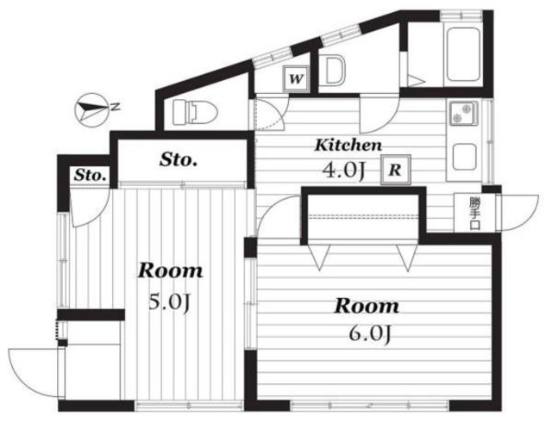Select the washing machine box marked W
(297, 79)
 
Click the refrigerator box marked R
(396, 170)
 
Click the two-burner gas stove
(462, 114)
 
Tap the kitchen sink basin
(464, 157)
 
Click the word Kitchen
(348, 145)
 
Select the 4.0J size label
(345, 171)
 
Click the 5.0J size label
(170, 302)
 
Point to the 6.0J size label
(370, 334)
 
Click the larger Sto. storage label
(179, 160)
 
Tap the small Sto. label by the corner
(90, 175)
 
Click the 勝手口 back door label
(474, 214)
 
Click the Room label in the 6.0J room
(367, 306)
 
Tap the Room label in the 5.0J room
(170, 271)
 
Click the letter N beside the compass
(115, 106)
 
